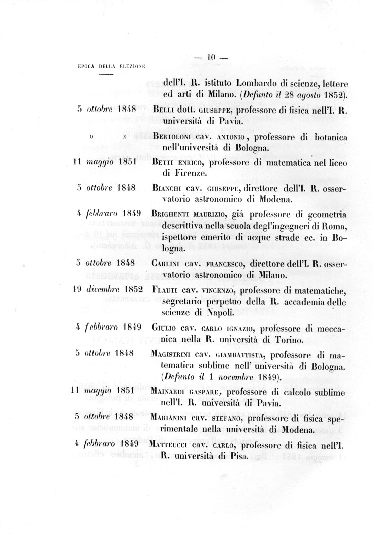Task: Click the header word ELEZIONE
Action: (x=132, y=66)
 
